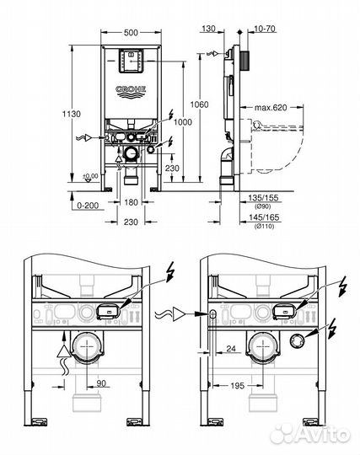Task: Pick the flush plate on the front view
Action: (x=129, y=63)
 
